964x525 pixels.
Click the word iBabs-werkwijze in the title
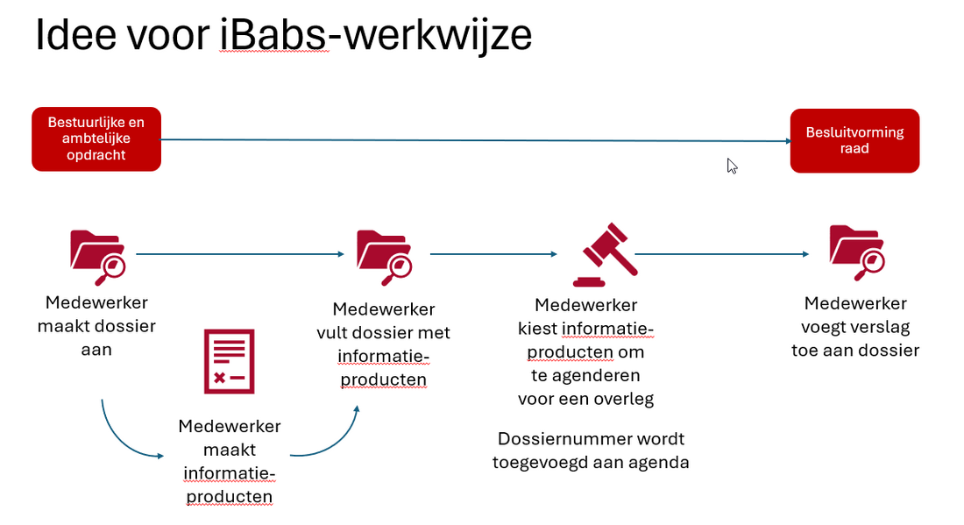(x=376, y=35)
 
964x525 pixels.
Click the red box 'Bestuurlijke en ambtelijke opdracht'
(x=96, y=138)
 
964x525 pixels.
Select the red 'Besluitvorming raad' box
(x=854, y=140)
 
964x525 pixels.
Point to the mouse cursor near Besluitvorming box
(x=732, y=165)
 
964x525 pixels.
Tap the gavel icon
(x=604, y=254)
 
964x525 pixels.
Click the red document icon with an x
(x=229, y=361)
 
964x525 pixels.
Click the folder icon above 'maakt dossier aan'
(x=96, y=256)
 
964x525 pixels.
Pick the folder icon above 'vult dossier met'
(x=383, y=256)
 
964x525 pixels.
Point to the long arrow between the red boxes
(x=473, y=140)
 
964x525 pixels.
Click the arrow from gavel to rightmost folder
(x=721, y=254)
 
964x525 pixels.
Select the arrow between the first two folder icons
(x=239, y=254)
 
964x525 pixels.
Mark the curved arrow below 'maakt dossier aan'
(x=123, y=438)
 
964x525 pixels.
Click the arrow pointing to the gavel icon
(x=493, y=254)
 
